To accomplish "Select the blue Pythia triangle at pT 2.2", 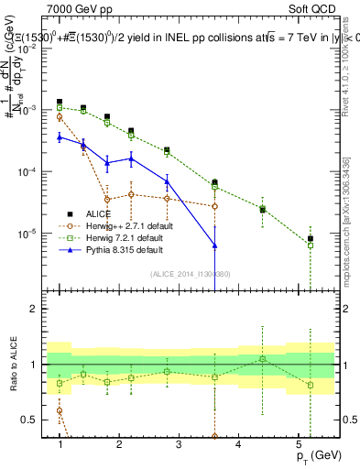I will pos(131,158).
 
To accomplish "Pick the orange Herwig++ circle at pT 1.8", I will pos(107,199).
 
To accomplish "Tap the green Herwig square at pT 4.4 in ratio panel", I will pos(263,358).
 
